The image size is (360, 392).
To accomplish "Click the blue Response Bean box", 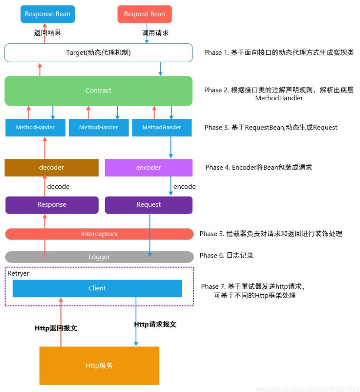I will coord(47,14).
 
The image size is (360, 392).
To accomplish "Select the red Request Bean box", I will coord(145,14).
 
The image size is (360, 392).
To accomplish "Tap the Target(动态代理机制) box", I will coord(98,53).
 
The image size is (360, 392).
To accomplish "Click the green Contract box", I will coord(98,91).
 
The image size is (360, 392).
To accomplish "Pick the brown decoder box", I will coord(51,168).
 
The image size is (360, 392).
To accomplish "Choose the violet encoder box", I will coord(149,168).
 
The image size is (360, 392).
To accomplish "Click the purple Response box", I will coord(52,204).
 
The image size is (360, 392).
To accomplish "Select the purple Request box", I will coord(149,204).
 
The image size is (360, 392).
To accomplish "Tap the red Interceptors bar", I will coord(99,234).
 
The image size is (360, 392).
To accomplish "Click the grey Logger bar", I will coord(99,257).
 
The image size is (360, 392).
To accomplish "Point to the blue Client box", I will coord(97,288).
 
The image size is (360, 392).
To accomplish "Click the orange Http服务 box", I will coord(99,366).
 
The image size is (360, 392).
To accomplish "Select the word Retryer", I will coord(18,273).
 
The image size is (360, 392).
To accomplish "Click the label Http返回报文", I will coord(56,328).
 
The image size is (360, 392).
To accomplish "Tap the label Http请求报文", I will coord(155,324).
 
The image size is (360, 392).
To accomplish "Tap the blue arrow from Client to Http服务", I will coord(136,321).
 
